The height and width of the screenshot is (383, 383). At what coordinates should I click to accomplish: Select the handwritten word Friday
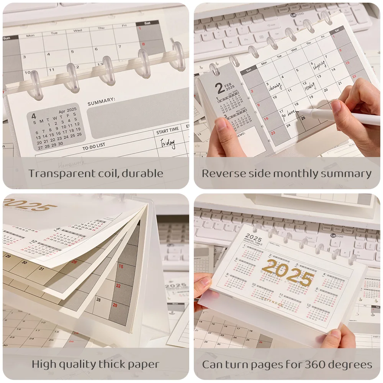pyautogui.click(x=168, y=143)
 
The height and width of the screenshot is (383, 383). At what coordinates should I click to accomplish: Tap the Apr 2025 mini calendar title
pyautogui.click(x=67, y=110)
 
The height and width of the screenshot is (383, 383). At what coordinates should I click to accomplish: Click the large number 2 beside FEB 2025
pyautogui.click(x=220, y=89)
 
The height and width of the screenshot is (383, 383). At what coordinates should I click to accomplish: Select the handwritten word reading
pyautogui.click(x=310, y=87)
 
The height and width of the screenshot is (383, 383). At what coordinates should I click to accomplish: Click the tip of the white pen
pyautogui.click(x=300, y=111)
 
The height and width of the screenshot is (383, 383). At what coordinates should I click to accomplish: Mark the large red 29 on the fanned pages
pyautogui.click(x=115, y=305)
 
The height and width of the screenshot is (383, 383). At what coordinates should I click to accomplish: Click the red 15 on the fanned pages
pyautogui.click(x=121, y=266)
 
